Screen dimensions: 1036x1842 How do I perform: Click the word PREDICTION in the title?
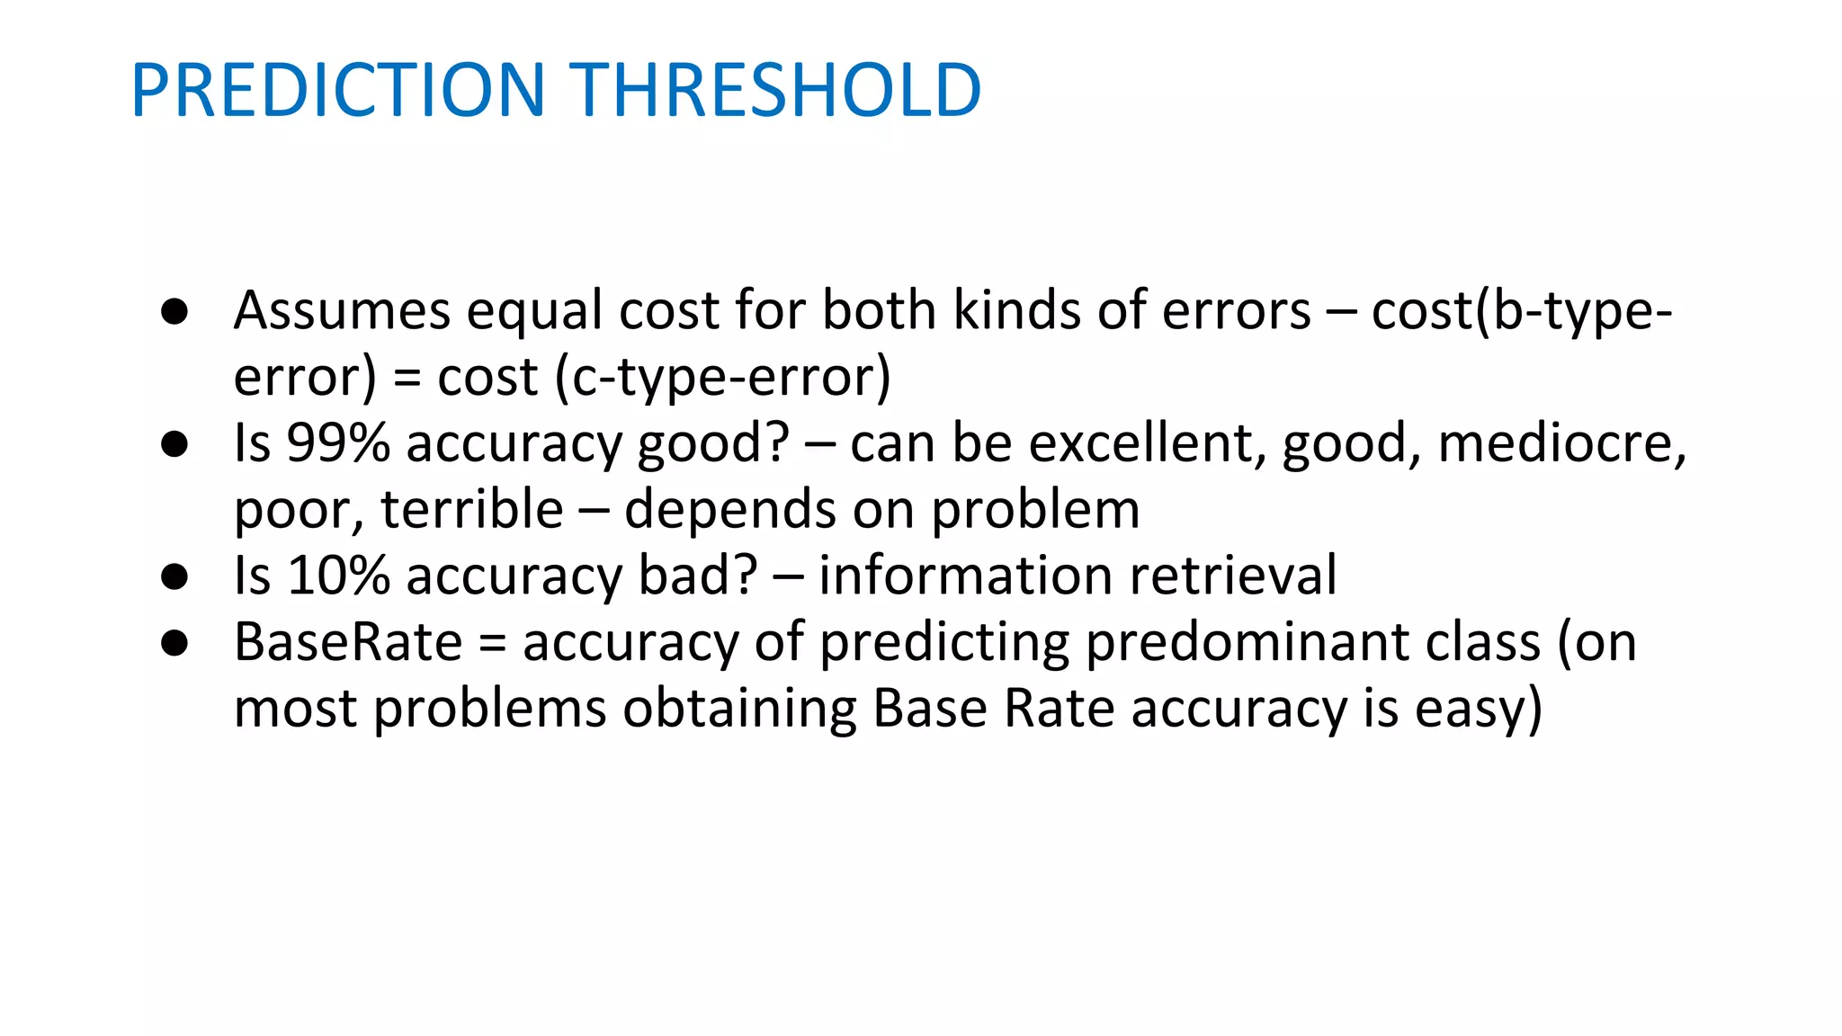[338, 91]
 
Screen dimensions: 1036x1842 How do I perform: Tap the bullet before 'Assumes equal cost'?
[174, 312]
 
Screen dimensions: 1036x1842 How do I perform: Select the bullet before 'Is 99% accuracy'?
[174, 444]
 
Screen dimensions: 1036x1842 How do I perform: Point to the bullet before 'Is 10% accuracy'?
[174, 576]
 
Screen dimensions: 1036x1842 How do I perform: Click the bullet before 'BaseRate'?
[174, 643]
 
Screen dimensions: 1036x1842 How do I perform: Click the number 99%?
[338, 443]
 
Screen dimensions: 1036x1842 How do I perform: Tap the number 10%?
[338, 576]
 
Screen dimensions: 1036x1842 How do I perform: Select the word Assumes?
[342, 311]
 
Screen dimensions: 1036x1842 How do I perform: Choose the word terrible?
[472, 510]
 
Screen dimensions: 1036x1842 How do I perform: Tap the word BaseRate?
[348, 642]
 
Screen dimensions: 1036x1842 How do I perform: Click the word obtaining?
[739, 709]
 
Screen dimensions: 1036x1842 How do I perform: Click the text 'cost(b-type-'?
[1521, 311]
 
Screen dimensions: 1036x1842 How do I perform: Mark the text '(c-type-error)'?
[723, 378]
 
